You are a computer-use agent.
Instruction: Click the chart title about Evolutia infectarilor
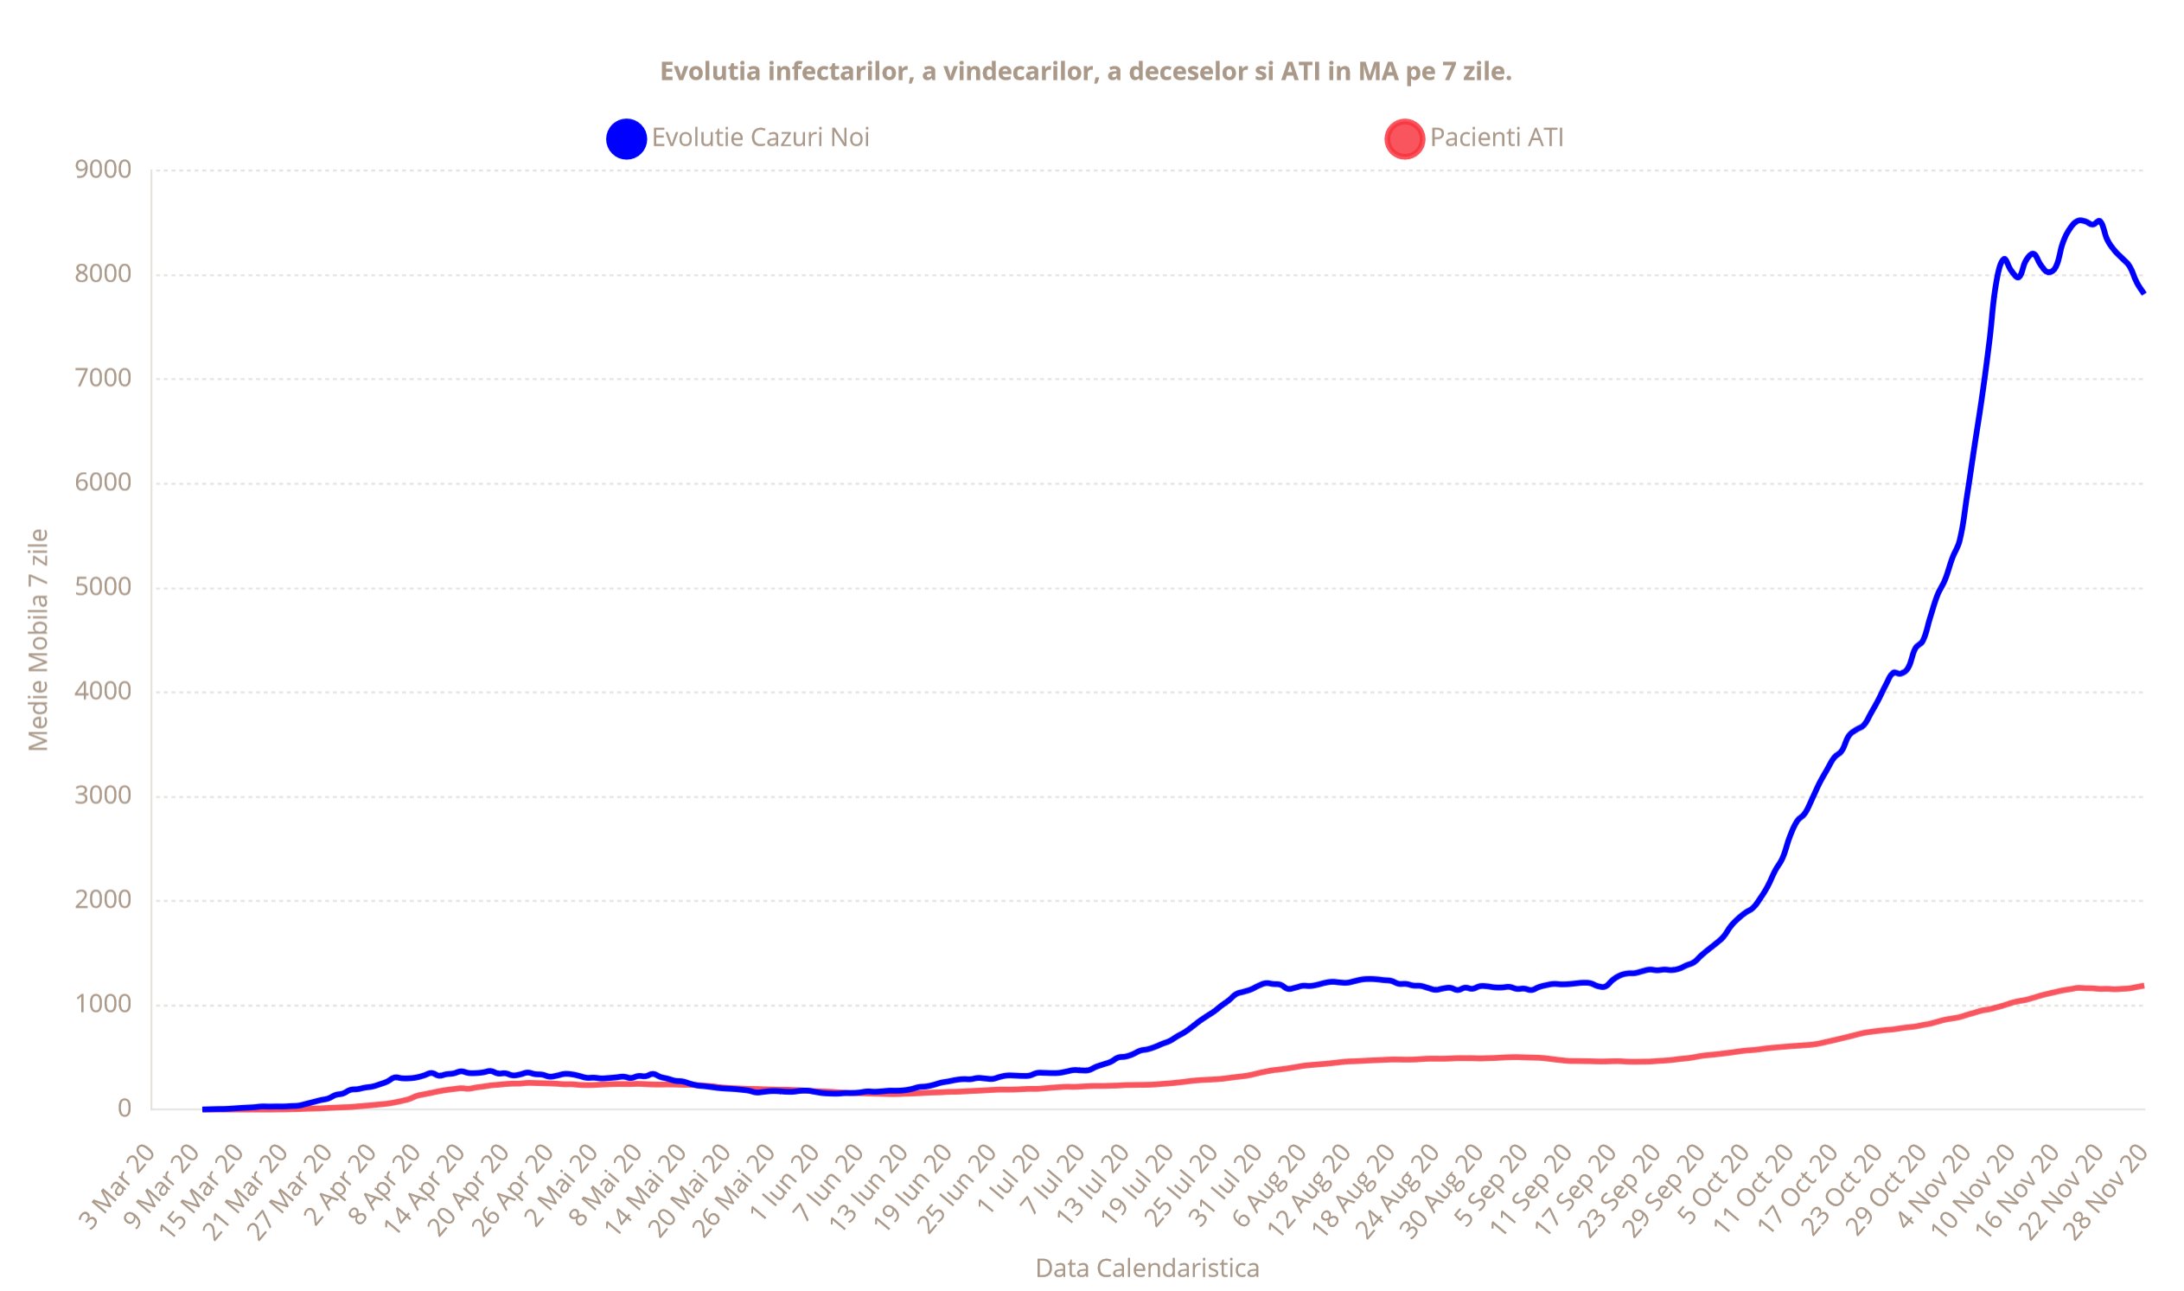(1085, 71)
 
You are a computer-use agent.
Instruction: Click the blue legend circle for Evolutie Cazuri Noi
(625, 138)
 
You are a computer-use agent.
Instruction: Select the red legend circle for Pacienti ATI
(1404, 138)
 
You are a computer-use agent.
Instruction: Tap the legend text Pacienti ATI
(1496, 137)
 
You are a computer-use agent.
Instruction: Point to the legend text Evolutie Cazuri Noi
(760, 137)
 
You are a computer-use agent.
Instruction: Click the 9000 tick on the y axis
(103, 169)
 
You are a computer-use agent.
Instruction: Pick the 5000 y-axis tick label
(103, 587)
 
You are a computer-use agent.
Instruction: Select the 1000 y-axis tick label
(103, 1004)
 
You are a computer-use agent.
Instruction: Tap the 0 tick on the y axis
(125, 1109)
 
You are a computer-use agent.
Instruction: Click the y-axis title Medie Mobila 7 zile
(38, 639)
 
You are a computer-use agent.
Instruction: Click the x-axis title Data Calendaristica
(1146, 1269)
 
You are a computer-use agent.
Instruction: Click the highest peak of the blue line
(2079, 220)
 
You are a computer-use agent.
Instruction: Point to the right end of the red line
(2142, 986)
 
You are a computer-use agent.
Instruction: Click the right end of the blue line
(2142, 292)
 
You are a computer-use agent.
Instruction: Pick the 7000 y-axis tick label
(103, 379)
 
